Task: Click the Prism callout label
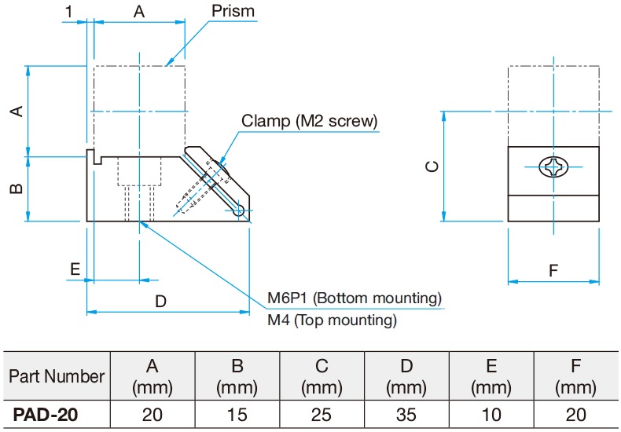[233, 12]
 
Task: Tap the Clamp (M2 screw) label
[310, 121]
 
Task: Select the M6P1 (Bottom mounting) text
[354, 298]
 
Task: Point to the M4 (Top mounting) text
[332, 320]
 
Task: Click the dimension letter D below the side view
[160, 301]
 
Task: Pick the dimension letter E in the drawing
[75, 269]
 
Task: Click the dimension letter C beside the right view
[431, 167]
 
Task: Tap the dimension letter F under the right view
[553, 271]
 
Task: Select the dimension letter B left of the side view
[15, 189]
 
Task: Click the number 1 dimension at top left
[70, 12]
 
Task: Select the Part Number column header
[57, 376]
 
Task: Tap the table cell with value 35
[406, 414]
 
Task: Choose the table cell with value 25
[322, 414]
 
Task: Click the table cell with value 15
[237, 414]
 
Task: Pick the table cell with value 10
[491, 414]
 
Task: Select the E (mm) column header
[491, 376]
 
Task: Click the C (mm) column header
[322, 376]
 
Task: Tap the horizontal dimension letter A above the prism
[139, 12]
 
